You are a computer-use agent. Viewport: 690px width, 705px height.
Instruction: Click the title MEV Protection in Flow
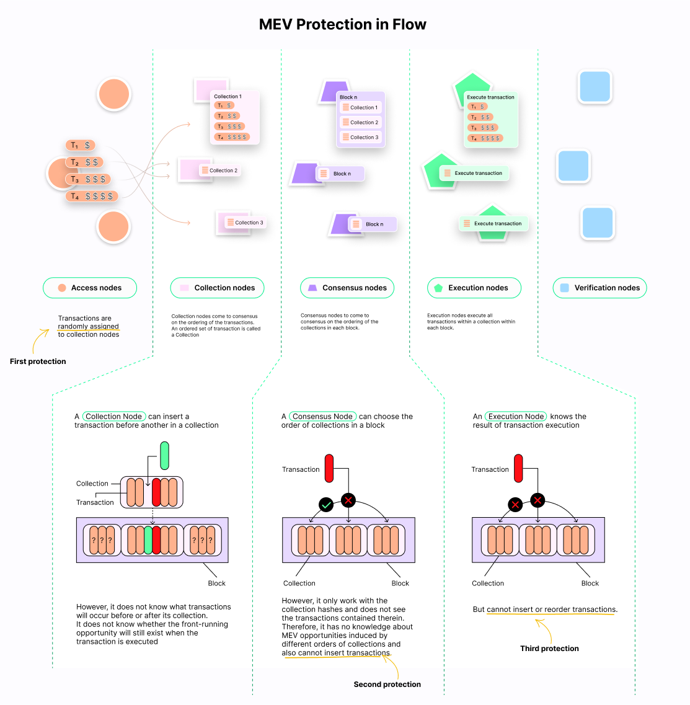tap(342, 25)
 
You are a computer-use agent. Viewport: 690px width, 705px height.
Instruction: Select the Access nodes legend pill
tap(90, 288)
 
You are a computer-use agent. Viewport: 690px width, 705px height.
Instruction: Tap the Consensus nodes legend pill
tap(347, 288)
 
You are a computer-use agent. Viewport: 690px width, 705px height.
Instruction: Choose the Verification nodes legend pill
tap(599, 288)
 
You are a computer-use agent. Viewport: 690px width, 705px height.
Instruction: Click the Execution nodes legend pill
tap(474, 288)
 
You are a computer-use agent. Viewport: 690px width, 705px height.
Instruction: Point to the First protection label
tap(38, 361)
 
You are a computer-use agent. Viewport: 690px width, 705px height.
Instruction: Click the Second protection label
tap(387, 685)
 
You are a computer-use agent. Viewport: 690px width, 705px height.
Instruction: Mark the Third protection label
tap(549, 649)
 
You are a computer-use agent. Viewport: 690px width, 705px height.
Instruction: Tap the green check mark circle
tap(326, 505)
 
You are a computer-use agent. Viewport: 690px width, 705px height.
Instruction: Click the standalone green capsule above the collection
tap(164, 456)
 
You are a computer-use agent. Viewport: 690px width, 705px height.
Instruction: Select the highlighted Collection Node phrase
tap(114, 417)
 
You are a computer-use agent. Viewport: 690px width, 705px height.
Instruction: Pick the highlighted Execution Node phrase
tap(516, 417)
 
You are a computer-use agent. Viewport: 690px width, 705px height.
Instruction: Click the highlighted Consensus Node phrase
tap(322, 417)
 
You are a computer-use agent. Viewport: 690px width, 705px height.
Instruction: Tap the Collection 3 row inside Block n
tap(361, 138)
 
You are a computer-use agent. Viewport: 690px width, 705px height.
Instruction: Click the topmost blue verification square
tap(595, 86)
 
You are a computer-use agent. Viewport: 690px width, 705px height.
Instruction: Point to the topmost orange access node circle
tap(114, 94)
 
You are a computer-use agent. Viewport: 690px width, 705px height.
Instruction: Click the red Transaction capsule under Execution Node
tap(518, 468)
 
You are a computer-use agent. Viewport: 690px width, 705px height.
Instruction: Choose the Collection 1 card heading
tap(228, 97)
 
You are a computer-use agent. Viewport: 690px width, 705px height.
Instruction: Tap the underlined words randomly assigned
tap(88, 326)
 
